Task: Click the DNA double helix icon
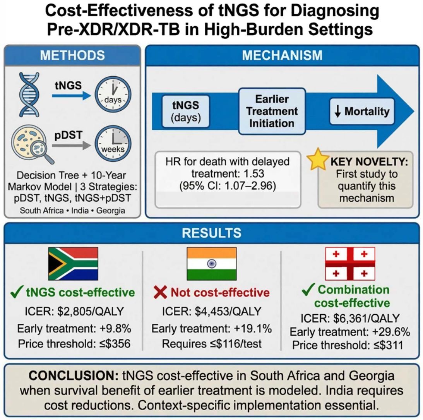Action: [x=29, y=94]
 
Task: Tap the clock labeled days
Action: [x=113, y=94]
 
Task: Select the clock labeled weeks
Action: [x=113, y=143]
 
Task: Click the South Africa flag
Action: [x=73, y=264]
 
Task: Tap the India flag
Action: [x=212, y=264]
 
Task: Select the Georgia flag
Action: [x=350, y=264]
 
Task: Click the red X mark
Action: [x=160, y=292]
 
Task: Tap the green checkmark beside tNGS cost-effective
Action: [x=16, y=292]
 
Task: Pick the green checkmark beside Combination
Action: [x=308, y=289]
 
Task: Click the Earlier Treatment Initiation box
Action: [x=272, y=111]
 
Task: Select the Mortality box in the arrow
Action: [x=362, y=111]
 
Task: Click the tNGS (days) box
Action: [x=186, y=111]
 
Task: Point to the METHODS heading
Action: [x=72, y=55]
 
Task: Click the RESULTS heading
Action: [x=211, y=233]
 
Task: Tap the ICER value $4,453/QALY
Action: [x=228, y=311]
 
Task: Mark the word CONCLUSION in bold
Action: [x=74, y=375]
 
